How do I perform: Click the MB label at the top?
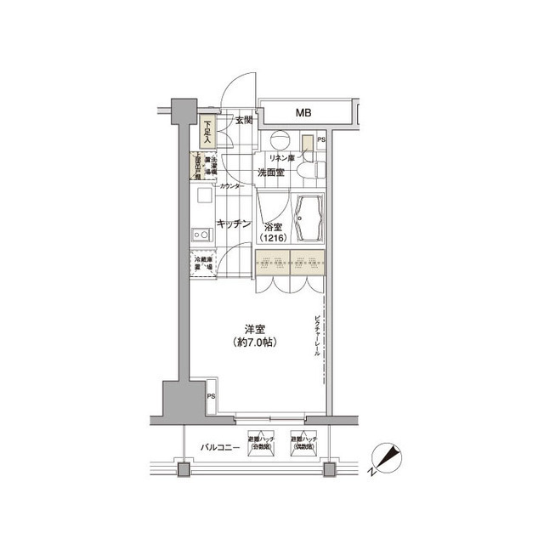coord(303,112)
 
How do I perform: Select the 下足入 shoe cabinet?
coord(207,132)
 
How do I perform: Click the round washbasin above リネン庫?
coord(279,141)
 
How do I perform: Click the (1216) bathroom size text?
coord(271,239)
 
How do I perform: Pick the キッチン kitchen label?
coord(232,224)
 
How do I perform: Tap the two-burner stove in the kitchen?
coord(201,233)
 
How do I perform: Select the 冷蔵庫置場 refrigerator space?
coord(203,263)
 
